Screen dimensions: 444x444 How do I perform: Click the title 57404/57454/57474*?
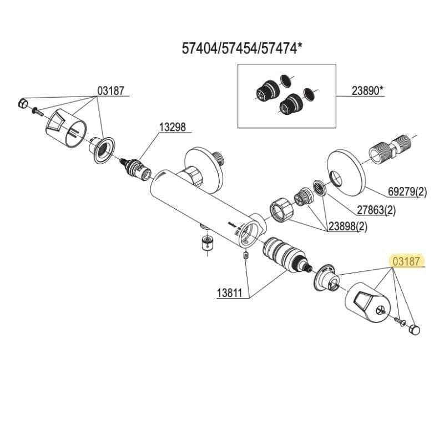tap(240, 48)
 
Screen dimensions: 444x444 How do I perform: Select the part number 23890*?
tap(367, 91)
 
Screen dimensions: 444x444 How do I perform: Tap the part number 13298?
tap(173, 127)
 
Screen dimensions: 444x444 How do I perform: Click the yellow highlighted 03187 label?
tap(406, 261)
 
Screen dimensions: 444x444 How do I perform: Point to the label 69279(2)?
tap(407, 192)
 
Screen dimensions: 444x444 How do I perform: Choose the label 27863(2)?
tap(376, 210)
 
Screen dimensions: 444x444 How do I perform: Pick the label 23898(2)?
tap(348, 226)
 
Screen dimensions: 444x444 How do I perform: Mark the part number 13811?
tap(230, 293)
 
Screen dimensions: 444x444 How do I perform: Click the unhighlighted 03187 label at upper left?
tap(110, 91)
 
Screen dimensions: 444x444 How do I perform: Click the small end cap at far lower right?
tap(415, 330)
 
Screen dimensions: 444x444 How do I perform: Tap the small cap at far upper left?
tap(23, 103)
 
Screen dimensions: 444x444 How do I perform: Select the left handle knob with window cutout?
tap(65, 128)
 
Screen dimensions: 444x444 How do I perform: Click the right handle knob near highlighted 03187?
tap(367, 301)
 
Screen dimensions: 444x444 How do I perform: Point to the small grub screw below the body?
tap(245, 256)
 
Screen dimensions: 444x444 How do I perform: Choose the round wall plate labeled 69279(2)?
tap(346, 173)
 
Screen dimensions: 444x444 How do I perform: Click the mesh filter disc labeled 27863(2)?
tap(320, 188)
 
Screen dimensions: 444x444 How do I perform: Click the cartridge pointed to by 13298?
tap(135, 169)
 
